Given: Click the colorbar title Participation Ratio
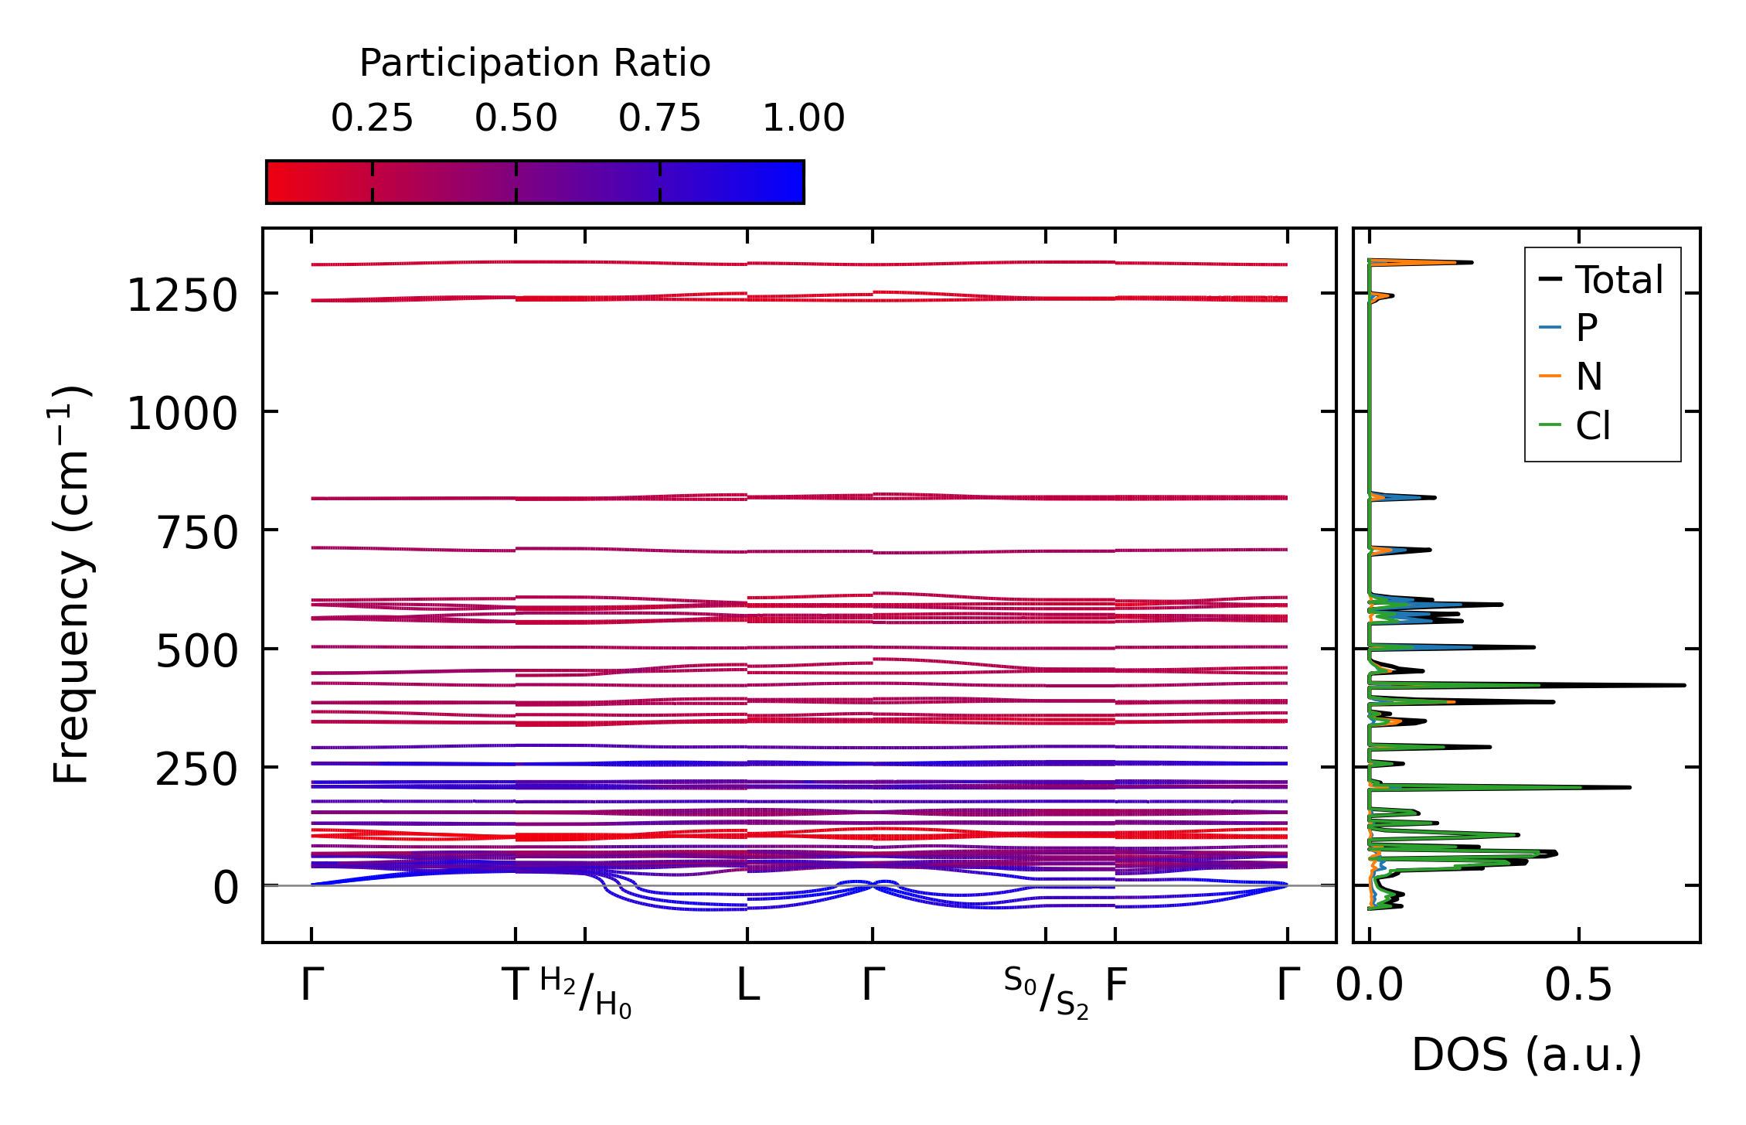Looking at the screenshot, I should pyautogui.click(x=535, y=63).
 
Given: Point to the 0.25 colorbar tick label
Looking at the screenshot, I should pyautogui.click(x=372, y=118).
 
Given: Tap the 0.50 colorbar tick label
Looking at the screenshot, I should pyautogui.click(x=516, y=118).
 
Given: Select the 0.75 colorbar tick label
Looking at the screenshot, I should pyautogui.click(x=659, y=118).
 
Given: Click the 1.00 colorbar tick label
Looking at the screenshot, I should pyautogui.click(x=803, y=118).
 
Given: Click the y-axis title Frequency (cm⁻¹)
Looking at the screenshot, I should pyautogui.click(x=71, y=585).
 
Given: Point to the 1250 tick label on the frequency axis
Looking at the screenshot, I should pyautogui.click(x=182, y=296).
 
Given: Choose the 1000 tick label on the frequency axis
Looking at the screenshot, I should pyautogui.click(x=182, y=414).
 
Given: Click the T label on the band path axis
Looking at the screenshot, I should pyautogui.click(x=516, y=985).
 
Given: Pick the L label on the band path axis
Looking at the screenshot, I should pyautogui.click(x=747, y=985).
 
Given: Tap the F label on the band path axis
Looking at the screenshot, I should pyautogui.click(x=1115, y=985).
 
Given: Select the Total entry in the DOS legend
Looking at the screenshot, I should pyautogui.click(x=1618, y=280).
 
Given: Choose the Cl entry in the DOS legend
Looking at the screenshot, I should pyautogui.click(x=1593, y=426).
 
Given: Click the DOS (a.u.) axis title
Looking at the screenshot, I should pyautogui.click(x=1526, y=1055).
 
